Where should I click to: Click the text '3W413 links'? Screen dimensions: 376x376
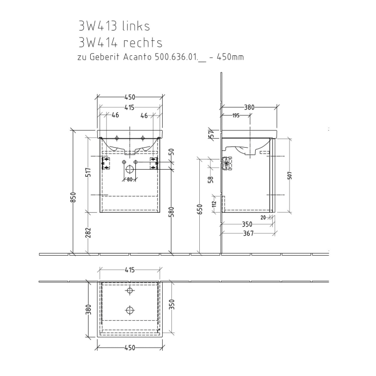(x=114, y=26)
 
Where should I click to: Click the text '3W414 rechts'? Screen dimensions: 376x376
(x=120, y=42)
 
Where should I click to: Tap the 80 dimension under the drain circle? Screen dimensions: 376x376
(x=129, y=179)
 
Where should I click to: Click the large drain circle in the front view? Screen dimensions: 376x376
(x=129, y=168)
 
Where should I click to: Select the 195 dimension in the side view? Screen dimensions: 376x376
(x=236, y=115)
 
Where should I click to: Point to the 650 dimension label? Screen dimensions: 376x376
(x=199, y=209)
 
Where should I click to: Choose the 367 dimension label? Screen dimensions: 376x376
(x=248, y=233)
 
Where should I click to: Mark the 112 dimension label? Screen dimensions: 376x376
(x=213, y=203)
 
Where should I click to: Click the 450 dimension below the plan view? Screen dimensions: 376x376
(x=129, y=348)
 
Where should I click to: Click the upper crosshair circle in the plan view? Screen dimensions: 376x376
(x=129, y=291)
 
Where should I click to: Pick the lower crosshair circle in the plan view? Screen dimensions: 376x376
(x=129, y=310)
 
